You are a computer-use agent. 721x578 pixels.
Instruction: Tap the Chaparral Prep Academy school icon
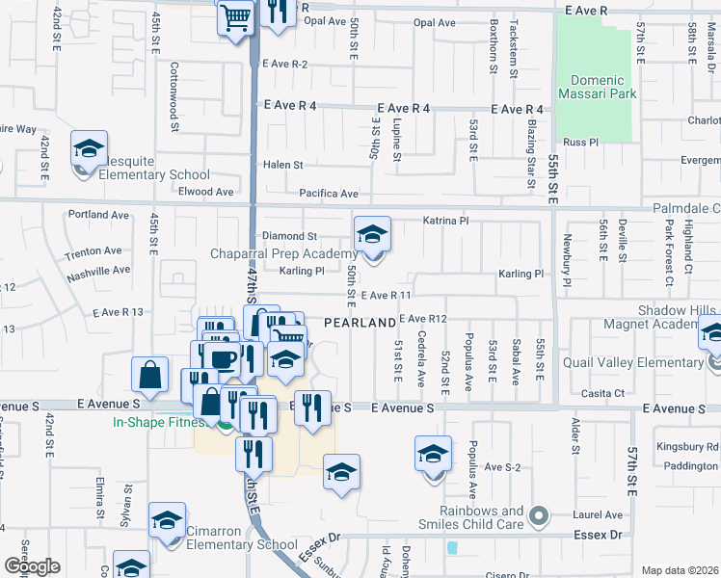[372, 234]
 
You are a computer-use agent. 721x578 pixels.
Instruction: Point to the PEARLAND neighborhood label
[360, 322]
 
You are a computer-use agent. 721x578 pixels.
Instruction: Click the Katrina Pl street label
[445, 221]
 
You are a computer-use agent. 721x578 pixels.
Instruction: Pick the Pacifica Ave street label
[328, 194]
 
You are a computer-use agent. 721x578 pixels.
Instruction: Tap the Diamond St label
[290, 236]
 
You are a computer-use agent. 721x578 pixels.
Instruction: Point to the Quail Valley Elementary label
[636, 362]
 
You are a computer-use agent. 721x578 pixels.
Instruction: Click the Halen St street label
[283, 165]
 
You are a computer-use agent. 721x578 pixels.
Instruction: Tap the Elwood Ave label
[206, 192]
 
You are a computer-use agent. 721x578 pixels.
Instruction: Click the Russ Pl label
[580, 142]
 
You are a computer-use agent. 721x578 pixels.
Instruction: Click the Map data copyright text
[679, 570]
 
